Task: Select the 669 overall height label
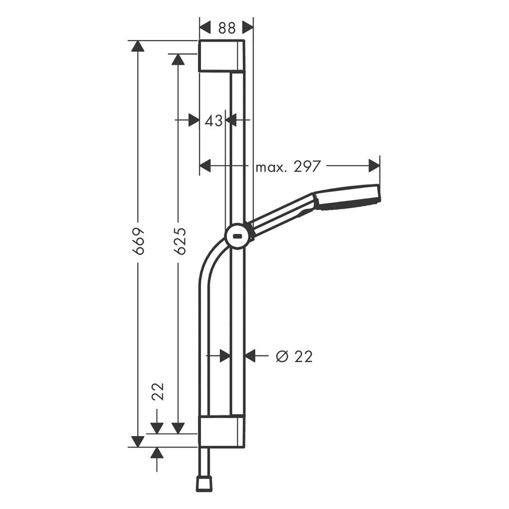tap(138, 241)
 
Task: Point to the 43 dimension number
tap(214, 121)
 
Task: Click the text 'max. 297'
tap(288, 167)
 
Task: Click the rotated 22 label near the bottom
tap(158, 391)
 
